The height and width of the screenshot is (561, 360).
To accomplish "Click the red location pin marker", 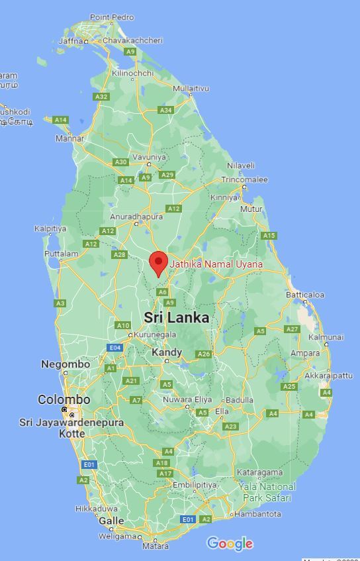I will pyautogui.click(x=158, y=263).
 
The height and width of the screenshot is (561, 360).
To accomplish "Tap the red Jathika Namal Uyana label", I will pyautogui.click(x=216, y=264).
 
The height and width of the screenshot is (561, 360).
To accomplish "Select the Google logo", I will pyautogui.click(x=230, y=544).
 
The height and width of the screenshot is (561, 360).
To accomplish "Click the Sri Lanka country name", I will pyautogui.click(x=176, y=318).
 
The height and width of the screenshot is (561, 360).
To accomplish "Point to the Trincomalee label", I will pyautogui.click(x=244, y=179).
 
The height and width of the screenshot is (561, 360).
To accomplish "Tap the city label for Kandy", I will pyautogui.click(x=166, y=352).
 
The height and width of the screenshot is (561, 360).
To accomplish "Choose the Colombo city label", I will pyautogui.click(x=64, y=400).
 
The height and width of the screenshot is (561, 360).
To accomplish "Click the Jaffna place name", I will pyautogui.click(x=71, y=40).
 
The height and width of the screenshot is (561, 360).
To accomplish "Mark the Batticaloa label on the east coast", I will pyautogui.click(x=305, y=295).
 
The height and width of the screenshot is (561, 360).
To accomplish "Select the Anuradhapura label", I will pyautogui.click(x=136, y=217).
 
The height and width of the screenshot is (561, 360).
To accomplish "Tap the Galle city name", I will pyautogui.click(x=111, y=521).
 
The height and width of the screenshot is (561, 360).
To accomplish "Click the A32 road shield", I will pyautogui.click(x=101, y=97).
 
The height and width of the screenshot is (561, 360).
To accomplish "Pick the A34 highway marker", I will pyautogui.click(x=165, y=110).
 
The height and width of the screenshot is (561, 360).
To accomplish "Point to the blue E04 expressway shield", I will pyautogui.click(x=115, y=348).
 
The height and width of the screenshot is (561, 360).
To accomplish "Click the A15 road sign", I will pyautogui.click(x=269, y=236).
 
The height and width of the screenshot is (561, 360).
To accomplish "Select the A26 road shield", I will pyautogui.click(x=203, y=354).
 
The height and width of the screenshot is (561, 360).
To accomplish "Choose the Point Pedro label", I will pyautogui.click(x=112, y=17).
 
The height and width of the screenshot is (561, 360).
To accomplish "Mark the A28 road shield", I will pyautogui.click(x=119, y=255).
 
